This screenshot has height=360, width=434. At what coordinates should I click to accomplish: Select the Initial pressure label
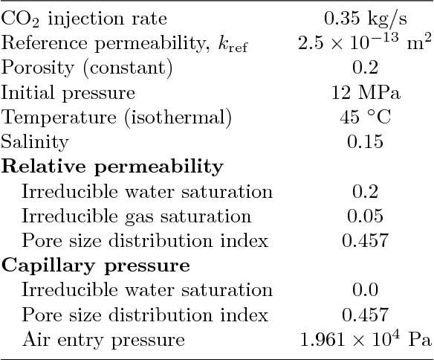pyautogui.click(x=68, y=93)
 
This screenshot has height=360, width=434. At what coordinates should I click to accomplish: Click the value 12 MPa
pyautogui.click(x=363, y=93)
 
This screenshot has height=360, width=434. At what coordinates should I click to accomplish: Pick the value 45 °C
pyautogui.click(x=363, y=118)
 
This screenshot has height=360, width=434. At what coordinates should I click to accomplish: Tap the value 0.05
pyautogui.click(x=363, y=216)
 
